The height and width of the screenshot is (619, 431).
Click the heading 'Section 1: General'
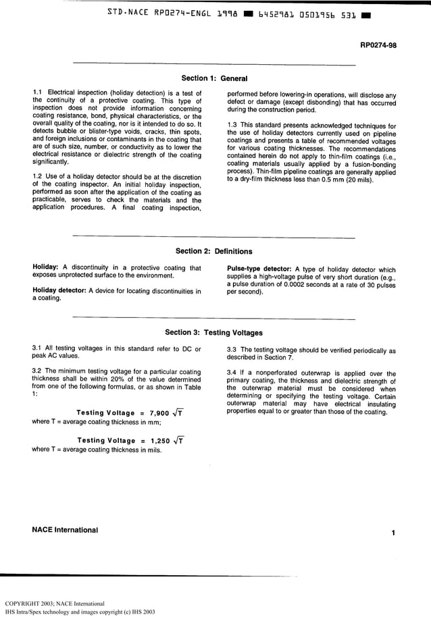(x=216, y=78)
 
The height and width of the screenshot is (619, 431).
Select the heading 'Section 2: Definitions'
(x=214, y=252)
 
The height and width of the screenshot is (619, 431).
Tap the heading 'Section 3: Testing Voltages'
(x=214, y=333)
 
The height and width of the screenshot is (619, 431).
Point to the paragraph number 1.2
(x=38, y=178)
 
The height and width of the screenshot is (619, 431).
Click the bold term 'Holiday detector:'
(x=59, y=291)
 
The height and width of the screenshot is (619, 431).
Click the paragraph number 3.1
(x=38, y=348)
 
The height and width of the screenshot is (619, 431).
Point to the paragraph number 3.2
(x=38, y=371)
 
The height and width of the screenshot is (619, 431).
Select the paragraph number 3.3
(x=233, y=350)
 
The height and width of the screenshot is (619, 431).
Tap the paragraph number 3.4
(x=233, y=373)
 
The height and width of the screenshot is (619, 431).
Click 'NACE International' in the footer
(x=65, y=530)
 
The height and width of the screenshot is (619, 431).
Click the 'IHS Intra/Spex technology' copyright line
(x=80, y=612)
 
